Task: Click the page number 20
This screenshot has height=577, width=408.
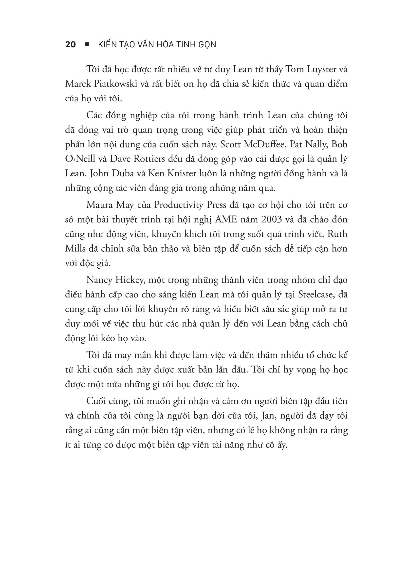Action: click(70, 44)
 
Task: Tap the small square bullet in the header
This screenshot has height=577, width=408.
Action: click(87, 44)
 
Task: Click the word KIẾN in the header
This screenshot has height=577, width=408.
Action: click(108, 44)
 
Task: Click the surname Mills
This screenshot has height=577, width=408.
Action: click(75, 249)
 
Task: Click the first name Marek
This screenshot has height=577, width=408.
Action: click(78, 84)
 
